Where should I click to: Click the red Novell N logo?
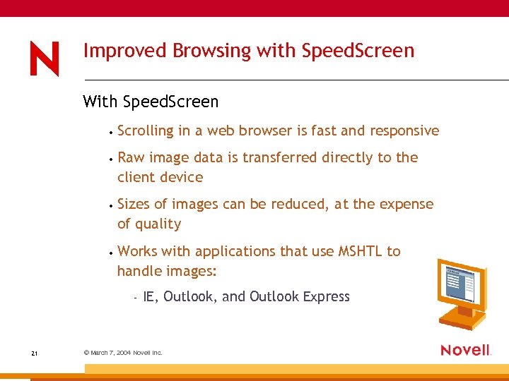click(45, 58)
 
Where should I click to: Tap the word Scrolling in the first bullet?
click(145, 131)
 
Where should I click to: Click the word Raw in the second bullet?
click(130, 157)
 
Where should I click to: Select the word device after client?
click(182, 177)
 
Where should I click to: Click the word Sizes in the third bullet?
click(134, 204)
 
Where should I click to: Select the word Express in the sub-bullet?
click(326, 296)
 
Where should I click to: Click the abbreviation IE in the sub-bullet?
click(150, 296)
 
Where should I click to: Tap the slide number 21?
click(35, 353)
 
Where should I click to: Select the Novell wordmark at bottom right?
click(465, 350)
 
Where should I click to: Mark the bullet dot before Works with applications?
click(112, 252)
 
